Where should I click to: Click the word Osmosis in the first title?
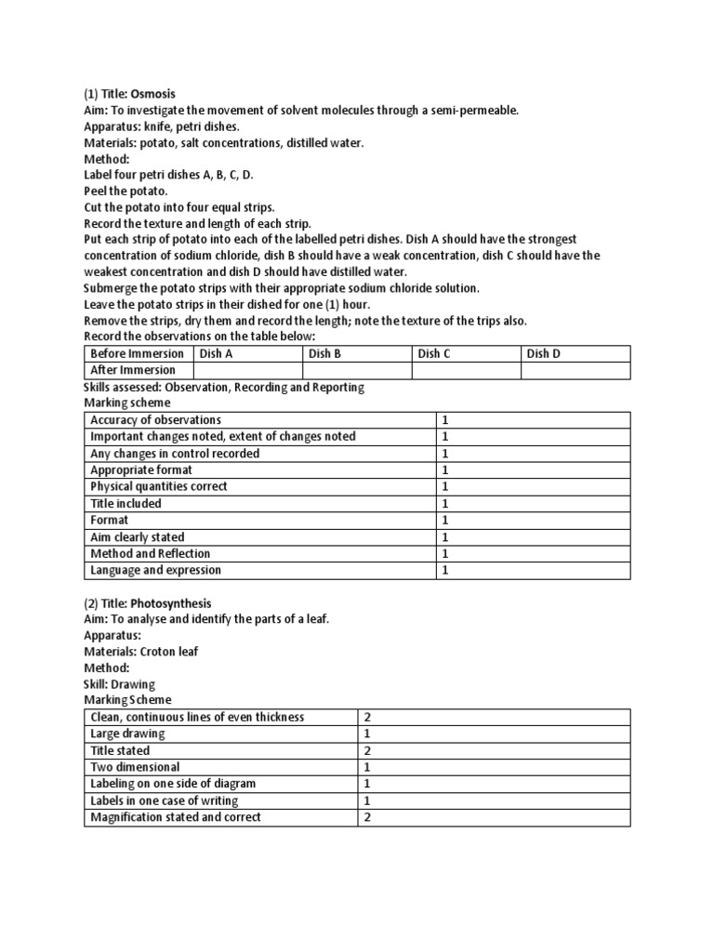pyautogui.click(x=152, y=94)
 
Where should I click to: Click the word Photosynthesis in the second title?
pyautogui.click(x=171, y=603)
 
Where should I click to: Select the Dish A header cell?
pyautogui.click(x=247, y=353)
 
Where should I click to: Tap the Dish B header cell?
pyautogui.click(x=357, y=353)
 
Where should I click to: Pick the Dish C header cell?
pyautogui.click(x=466, y=353)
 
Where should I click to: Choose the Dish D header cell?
pyautogui.click(x=575, y=353)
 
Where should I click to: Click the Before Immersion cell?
pyautogui.click(x=138, y=353)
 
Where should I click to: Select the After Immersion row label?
pyautogui.click(x=138, y=370)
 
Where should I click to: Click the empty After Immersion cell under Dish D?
pyautogui.click(x=575, y=370)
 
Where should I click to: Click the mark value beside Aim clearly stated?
pyautogui.click(x=445, y=537)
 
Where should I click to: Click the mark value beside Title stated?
pyautogui.click(x=368, y=750)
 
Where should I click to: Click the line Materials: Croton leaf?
pyautogui.click(x=141, y=652)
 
